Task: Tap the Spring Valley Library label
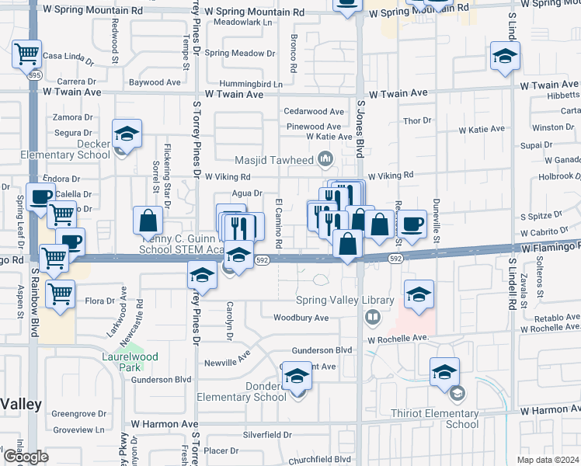(x=345, y=301)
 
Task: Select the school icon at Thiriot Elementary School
(x=445, y=371)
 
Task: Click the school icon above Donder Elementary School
(x=296, y=377)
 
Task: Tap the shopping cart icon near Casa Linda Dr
(x=26, y=54)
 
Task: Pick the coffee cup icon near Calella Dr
(x=40, y=196)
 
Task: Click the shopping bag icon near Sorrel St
(x=148, y=221)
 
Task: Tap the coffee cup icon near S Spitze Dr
(x=411, y=223)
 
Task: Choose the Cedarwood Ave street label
(x=314, y=112)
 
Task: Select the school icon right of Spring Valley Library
(x=419, y=294)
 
